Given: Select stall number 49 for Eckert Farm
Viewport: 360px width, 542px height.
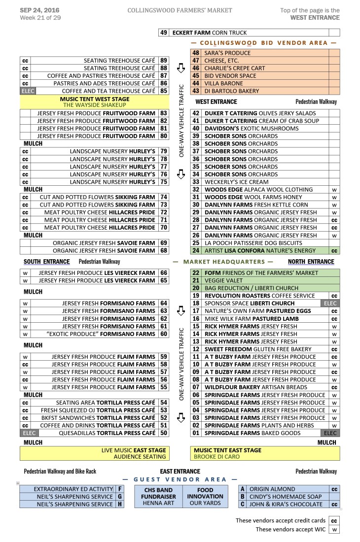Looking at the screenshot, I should pyautogui.click(x=163, y=33).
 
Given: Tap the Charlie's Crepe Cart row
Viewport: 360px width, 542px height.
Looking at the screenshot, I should pyautogui.click(x=234, y=68).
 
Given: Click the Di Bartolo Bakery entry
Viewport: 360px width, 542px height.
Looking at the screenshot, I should pyautogui.click(x=231, y=91).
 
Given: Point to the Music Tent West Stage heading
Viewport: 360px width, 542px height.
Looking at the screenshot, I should pyautogui.click(x=95, y=99).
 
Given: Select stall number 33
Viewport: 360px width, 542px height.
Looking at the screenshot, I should pyautogui.click(x=196, y=182).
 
